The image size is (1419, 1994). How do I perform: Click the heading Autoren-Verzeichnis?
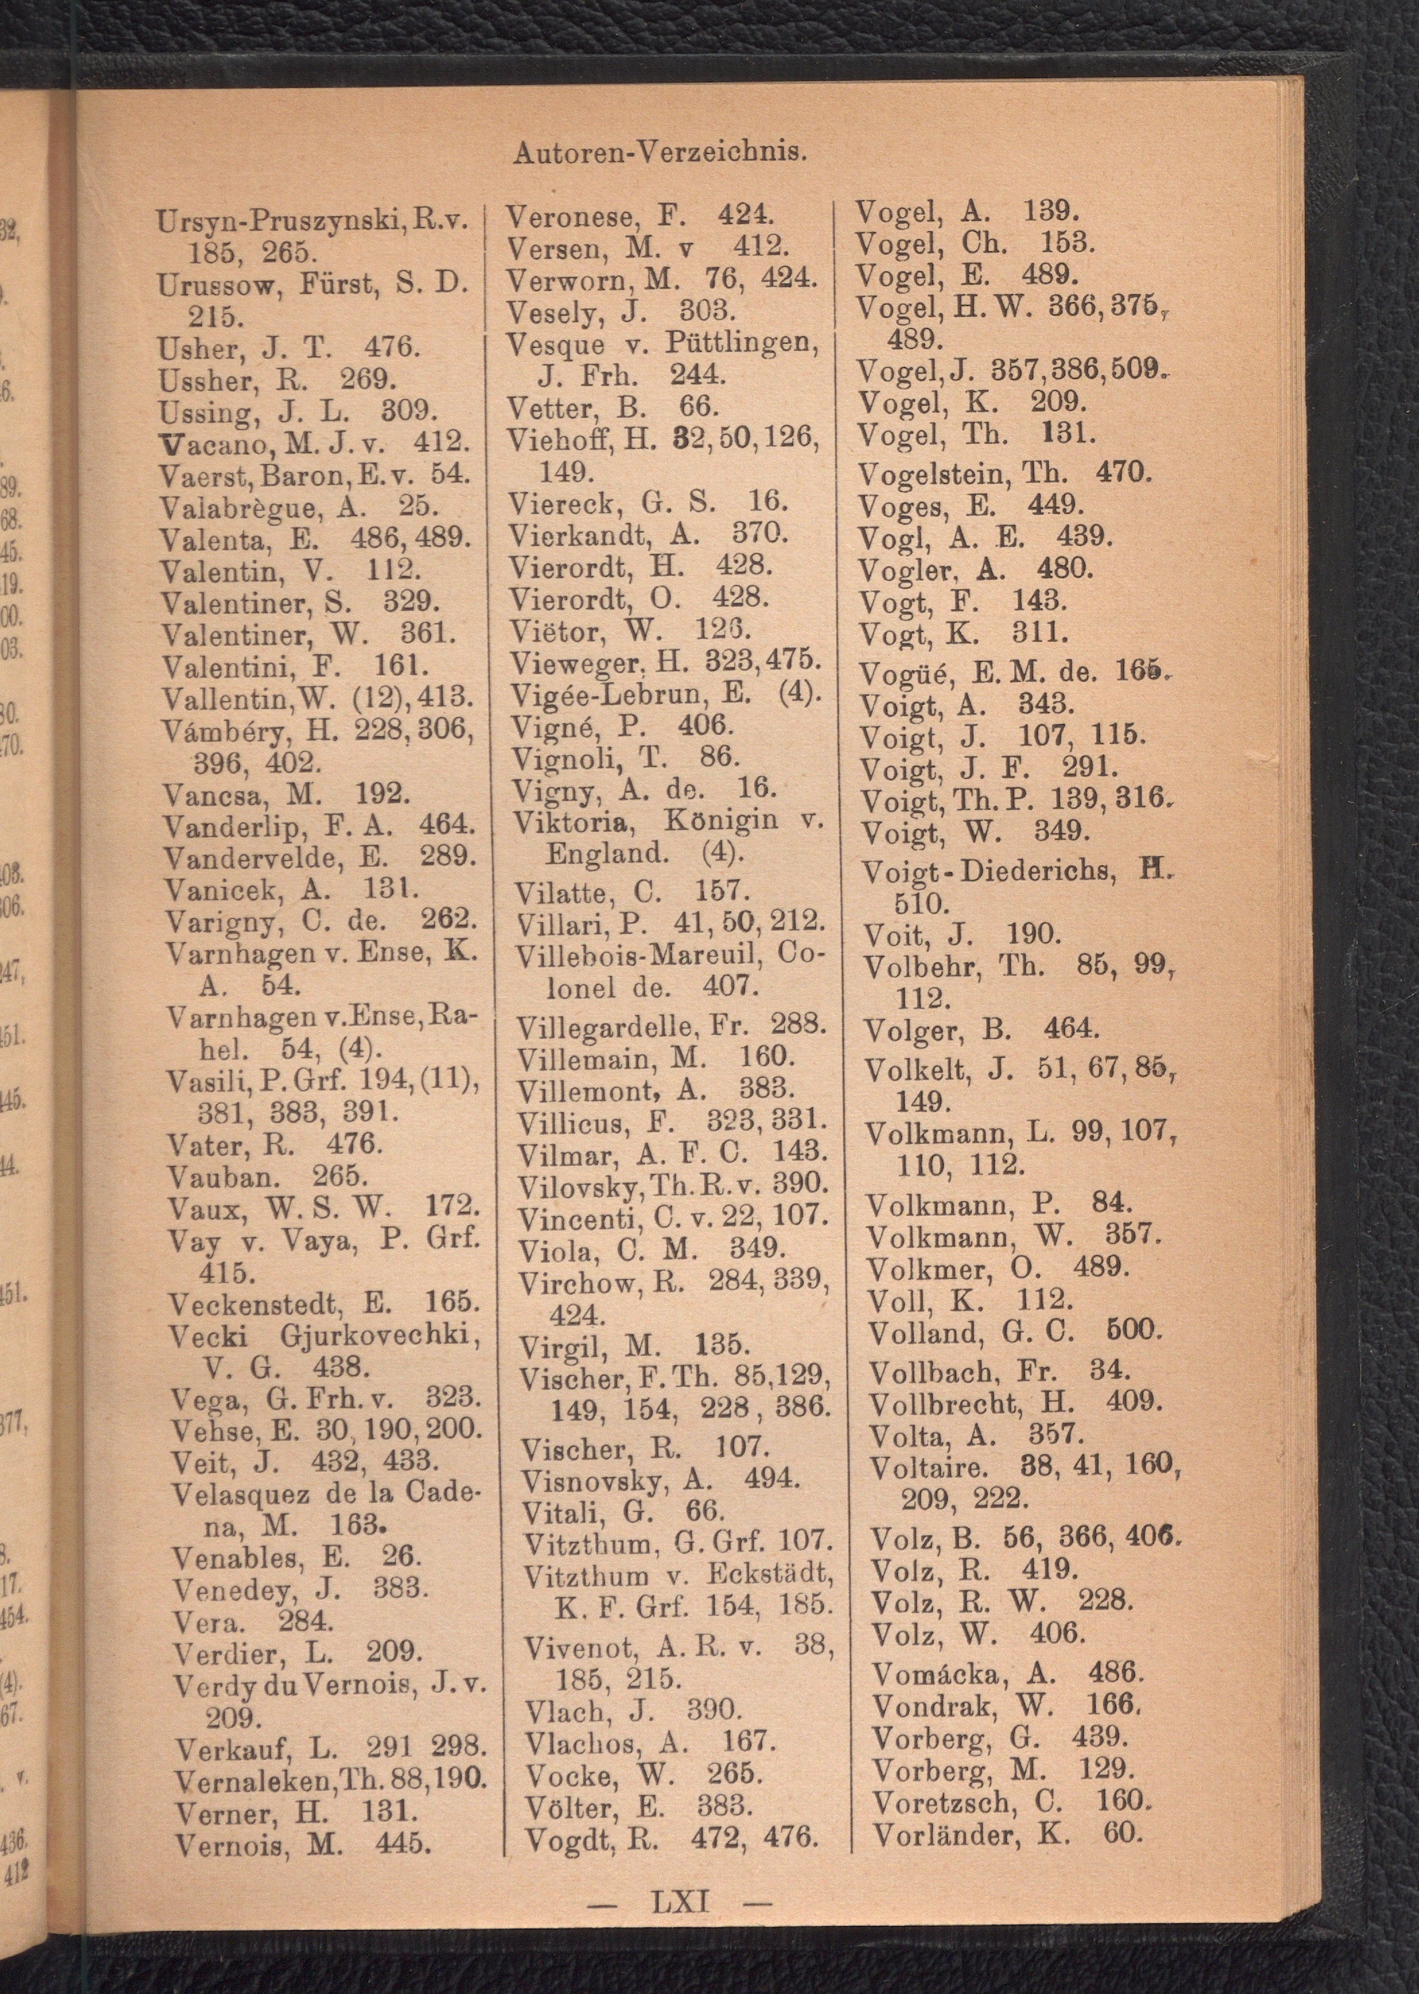click(x=659, y=153)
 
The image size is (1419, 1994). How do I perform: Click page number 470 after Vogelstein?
click(x=1123, y=473)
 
